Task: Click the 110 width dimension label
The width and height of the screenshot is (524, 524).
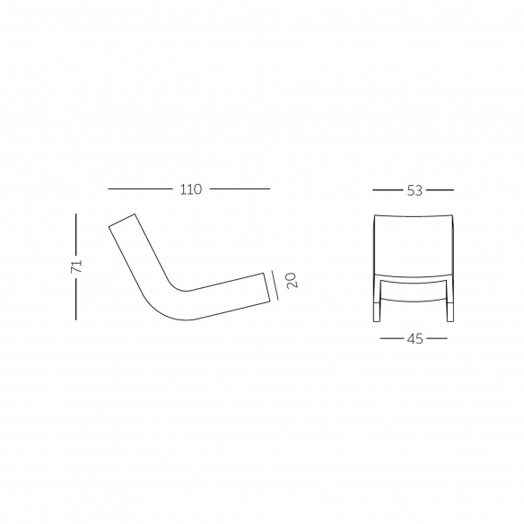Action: click(191, 189)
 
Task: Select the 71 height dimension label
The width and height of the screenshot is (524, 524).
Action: click(76, 266)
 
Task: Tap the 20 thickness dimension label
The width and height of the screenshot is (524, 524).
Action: click(292, 280)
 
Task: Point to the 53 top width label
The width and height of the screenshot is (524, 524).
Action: click(415, 190)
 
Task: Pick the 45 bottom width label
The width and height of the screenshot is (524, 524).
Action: click(415, 339)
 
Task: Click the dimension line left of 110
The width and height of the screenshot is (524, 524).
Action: click(140, 188)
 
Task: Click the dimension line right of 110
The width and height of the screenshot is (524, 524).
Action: click(240, 188)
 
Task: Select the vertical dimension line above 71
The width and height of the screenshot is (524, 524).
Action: click(76, 234)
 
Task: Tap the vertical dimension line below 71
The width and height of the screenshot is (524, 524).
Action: click(76, 299)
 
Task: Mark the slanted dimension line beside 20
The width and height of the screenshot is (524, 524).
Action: click(275, 285)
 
